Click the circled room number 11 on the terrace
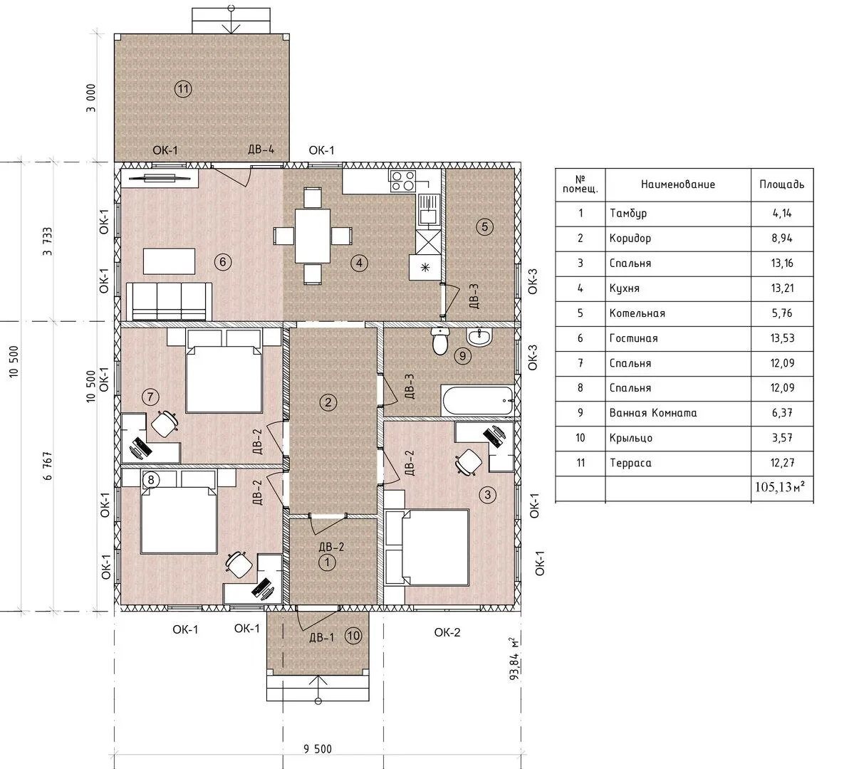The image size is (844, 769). pos(184,89)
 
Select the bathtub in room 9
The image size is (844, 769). pos(477,401)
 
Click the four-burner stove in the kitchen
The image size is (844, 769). pos(402,181)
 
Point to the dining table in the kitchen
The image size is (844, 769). pos(312,236)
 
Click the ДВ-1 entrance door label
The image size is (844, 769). pos(321,638)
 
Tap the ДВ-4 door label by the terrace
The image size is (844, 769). pos(261,149)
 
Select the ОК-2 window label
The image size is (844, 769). pos(447,632)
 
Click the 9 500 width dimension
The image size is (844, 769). pos(318,748)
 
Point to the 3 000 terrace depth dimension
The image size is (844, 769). pos(91,98)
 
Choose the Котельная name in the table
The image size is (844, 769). pos(637,313)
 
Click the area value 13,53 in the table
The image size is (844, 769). pos(782,338)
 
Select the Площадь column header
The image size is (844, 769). pos(782,184)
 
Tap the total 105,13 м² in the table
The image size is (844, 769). pos(780,487)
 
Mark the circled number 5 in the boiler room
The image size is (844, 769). pos(484,226)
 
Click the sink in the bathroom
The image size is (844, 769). pos(479,338)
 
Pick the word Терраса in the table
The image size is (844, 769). pos(630,463)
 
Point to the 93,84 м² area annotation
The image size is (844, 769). pos(515,659)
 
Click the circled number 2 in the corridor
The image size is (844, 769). pos(328,402)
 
